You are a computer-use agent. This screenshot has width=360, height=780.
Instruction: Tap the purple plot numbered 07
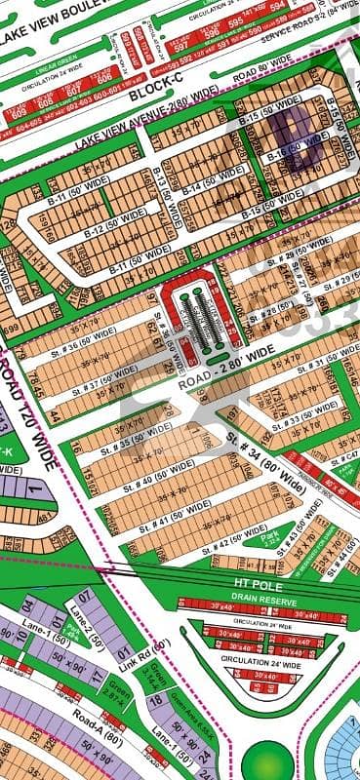[84, 594]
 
